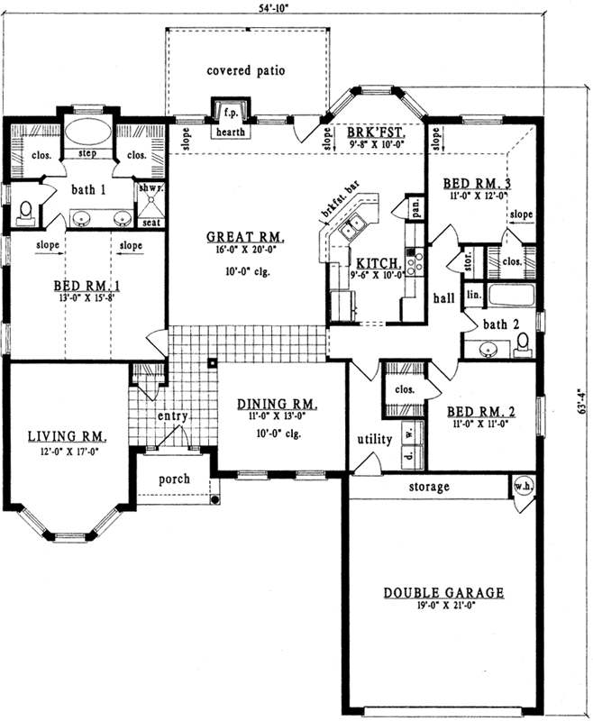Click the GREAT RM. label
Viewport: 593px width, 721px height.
point(245,238)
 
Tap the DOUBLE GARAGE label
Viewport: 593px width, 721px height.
point(443,592)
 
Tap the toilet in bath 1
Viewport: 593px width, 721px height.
point(26,211)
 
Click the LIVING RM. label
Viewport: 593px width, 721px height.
point(68,436)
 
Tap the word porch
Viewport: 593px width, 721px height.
point(174,479)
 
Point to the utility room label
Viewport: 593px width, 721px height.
point(374,440)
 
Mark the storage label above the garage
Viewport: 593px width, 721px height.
point(429,487)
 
